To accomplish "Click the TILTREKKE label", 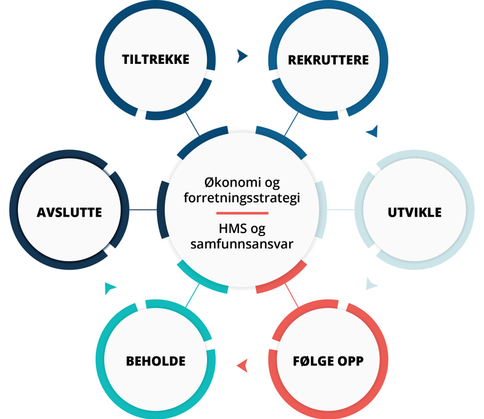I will tap(156, 60).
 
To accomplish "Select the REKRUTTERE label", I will tap(328, 60).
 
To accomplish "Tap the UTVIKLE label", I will tap(414, 213).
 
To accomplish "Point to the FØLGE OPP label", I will tap(328, 362).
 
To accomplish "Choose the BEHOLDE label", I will tap(156, 362).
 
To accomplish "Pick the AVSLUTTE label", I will tap(70, 213).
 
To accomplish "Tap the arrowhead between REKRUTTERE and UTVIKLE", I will tap(372, 132).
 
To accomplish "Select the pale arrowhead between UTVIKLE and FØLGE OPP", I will tap(372, 284).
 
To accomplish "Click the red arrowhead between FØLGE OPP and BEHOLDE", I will tap(242, 366).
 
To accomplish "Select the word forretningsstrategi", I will tap(241, 198).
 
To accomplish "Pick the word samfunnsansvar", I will tap(241, 243).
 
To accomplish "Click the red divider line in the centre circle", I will tap(242, 213).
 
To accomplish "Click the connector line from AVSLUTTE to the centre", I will tap(144, 209).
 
